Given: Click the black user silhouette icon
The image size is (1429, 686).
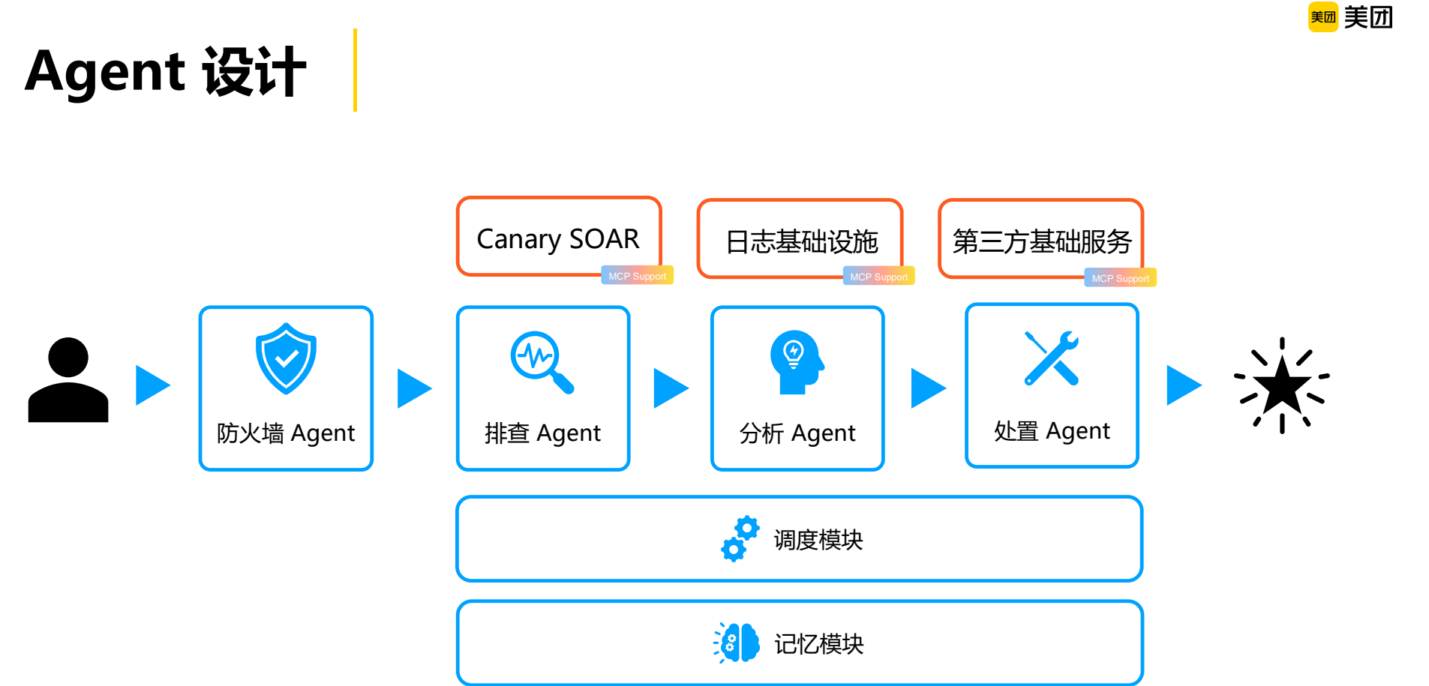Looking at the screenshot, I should tap(68, 380).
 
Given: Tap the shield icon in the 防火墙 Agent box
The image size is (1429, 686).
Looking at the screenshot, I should tap(286, 358).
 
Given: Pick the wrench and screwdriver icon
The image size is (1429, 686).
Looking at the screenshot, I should tap(1052, 358).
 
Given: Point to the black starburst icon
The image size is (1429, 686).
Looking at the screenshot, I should tap(1282, 385).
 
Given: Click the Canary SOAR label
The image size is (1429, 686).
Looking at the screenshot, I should tap(558, 239).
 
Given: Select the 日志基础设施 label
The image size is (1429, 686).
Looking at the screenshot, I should tap(801, 241).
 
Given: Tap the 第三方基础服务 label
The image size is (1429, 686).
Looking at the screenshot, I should tap(1041, 241).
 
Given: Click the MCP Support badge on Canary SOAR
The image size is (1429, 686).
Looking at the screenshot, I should tap(637, 276).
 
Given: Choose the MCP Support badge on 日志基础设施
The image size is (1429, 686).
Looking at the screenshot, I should tap(878, 277).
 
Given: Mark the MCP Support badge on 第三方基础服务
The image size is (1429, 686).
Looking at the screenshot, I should tap(1120, 278).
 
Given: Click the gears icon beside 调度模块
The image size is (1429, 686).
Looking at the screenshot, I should tap(740, 538).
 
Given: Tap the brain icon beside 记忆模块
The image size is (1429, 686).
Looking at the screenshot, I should tap(737, 643).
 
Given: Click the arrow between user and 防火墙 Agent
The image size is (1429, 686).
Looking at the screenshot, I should tap(152, 385).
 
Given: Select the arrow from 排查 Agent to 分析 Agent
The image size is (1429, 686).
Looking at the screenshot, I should tap(670, 388).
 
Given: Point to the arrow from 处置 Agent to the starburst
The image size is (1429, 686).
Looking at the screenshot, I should tap(1183, 385).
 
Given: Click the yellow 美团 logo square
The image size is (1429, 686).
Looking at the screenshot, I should tap(1323, 16).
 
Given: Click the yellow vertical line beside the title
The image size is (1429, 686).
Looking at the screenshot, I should tap(355, 70).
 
